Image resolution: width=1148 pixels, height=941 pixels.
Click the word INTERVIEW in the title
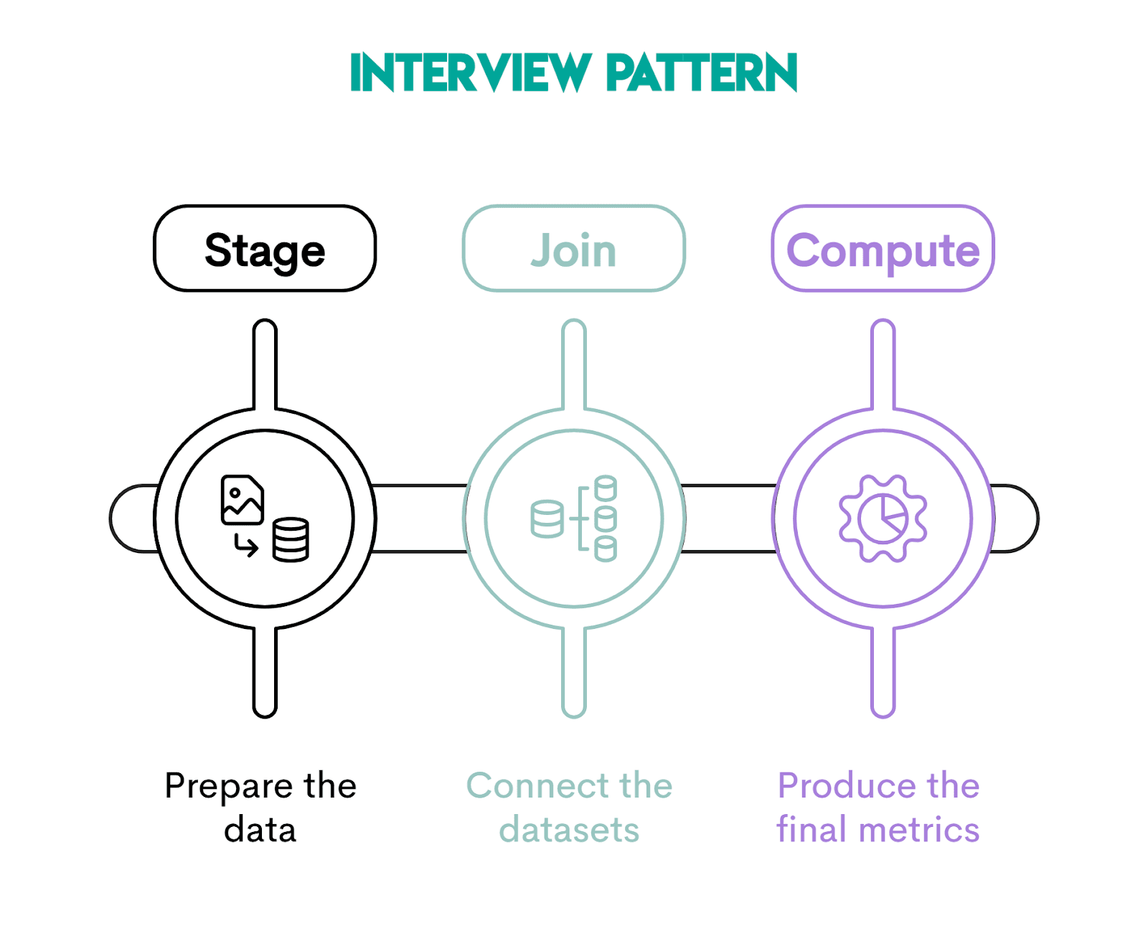[x=470, y=72]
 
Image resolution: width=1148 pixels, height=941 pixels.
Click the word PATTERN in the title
[x=701, y=72]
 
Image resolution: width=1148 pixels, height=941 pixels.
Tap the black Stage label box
[x=265, y=249]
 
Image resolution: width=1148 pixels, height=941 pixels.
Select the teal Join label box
[x=573, y=249]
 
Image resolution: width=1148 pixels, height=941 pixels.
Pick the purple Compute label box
[x=883, y=249]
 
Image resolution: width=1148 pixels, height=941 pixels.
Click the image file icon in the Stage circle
[x=242, y=500]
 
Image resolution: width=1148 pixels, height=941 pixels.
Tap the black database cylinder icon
[x=291, y=539]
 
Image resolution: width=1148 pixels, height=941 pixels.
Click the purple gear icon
[x=883, y=518]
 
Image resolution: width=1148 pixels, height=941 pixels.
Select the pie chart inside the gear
[x=883, y=518]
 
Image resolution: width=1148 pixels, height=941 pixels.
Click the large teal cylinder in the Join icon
[x=547, y=519]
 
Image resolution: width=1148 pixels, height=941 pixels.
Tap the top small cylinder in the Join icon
[x=606, y=488]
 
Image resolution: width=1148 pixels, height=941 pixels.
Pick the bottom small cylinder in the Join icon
[x=606, y=549]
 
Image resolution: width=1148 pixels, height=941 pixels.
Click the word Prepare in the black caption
[x=228, y=786]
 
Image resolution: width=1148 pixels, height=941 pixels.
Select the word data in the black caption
[x=260, y=830]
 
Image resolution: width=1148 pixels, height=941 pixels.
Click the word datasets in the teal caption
[x=569, y=830]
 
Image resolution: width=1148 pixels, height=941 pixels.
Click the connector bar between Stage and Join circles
[x=420, y=519]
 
